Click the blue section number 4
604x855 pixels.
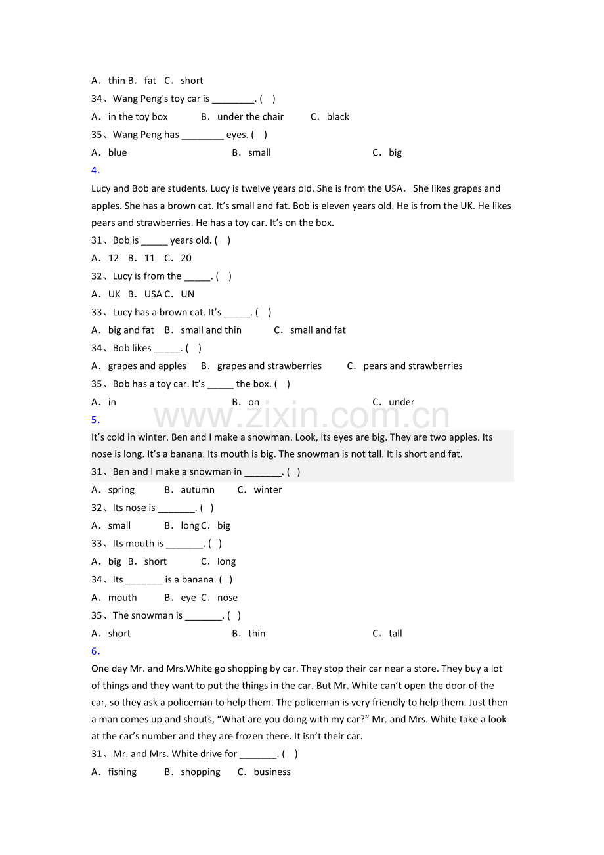[95, 171]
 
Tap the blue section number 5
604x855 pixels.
[95, 420]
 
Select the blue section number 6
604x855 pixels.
[95, 651]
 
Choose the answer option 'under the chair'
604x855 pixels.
[250, 117]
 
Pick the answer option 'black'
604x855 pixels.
[337, 117]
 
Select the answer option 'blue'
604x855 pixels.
[117, 153]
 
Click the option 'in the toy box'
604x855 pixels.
[138, 117]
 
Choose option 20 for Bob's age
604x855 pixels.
[186, 258]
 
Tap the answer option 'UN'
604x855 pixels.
[187, 294]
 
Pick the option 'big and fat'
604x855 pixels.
[131, 330]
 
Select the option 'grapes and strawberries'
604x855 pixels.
[269, 366]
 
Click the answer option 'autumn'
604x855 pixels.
[198, 490]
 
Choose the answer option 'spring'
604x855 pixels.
[121, 490]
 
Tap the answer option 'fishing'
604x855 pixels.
[122, 772]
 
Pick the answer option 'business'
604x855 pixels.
[272, 772]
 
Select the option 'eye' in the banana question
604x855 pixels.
[188, 598]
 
